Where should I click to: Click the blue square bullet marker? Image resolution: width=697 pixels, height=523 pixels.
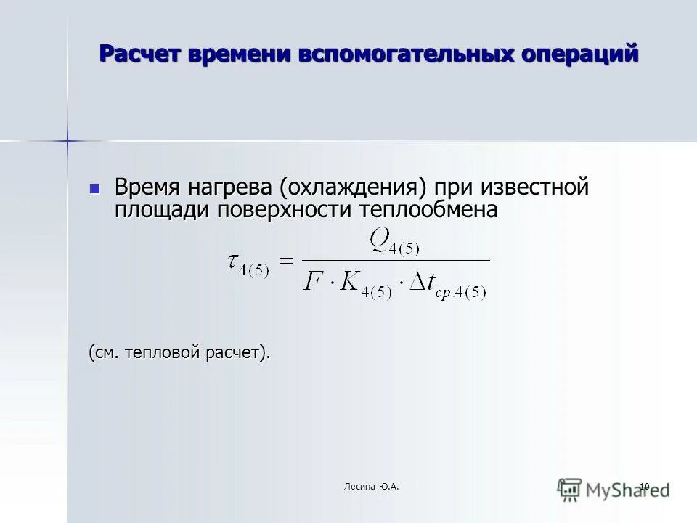[x=94, y=188]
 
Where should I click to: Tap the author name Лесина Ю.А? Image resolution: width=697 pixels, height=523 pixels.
[x=372, y=486]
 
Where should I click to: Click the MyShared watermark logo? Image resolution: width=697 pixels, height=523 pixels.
[x=614, y=489]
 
